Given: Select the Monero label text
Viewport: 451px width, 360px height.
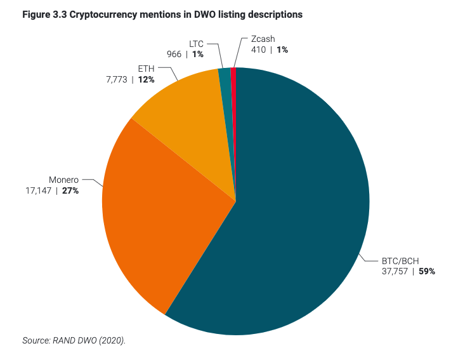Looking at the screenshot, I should point(63,180).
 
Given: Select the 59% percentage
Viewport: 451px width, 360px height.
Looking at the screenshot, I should point(426,271).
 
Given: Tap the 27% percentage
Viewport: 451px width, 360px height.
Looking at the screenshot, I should point(70,190).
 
